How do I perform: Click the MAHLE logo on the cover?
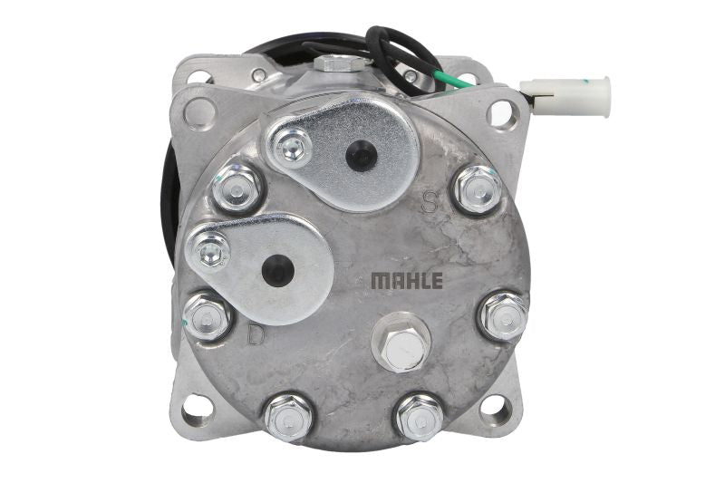coord(407,280)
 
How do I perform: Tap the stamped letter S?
coord(430,202)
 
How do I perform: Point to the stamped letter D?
coord(256,334)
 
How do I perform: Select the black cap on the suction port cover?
coord(361,156)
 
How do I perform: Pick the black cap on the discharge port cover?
coord(278,270)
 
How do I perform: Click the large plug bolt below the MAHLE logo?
coord(401,343)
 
